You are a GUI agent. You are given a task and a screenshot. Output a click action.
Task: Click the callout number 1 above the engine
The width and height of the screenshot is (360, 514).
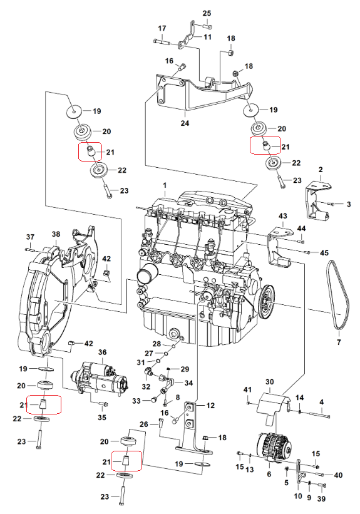(x=165, y=185)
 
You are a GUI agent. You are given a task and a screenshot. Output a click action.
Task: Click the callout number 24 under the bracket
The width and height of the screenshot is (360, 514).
(x=185, y=123)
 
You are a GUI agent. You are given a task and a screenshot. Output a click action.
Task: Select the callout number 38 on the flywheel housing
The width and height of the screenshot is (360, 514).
(x=56, y=234)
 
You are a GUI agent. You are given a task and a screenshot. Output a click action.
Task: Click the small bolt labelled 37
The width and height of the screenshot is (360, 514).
(x=29, y=250)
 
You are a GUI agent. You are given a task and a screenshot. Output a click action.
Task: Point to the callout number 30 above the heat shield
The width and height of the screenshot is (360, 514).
(x=269, y=382)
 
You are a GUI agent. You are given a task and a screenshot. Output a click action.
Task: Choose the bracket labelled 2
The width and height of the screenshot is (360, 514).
(x=317, y=200)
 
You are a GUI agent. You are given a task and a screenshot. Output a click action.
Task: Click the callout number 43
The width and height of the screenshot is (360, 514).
(x=282, y=216)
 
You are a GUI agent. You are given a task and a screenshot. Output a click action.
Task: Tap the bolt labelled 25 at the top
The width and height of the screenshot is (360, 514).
(x=207, y=26)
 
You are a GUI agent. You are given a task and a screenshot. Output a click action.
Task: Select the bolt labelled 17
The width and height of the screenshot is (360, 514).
(x=162, y=41)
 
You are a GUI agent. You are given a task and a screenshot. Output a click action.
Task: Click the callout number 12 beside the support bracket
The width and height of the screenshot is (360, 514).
(x=210, y=406)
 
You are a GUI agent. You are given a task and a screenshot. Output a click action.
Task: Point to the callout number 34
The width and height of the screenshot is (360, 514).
(x=188, y=383)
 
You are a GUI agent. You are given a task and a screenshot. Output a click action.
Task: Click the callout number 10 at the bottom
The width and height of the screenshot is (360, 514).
(x=298, y=496)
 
